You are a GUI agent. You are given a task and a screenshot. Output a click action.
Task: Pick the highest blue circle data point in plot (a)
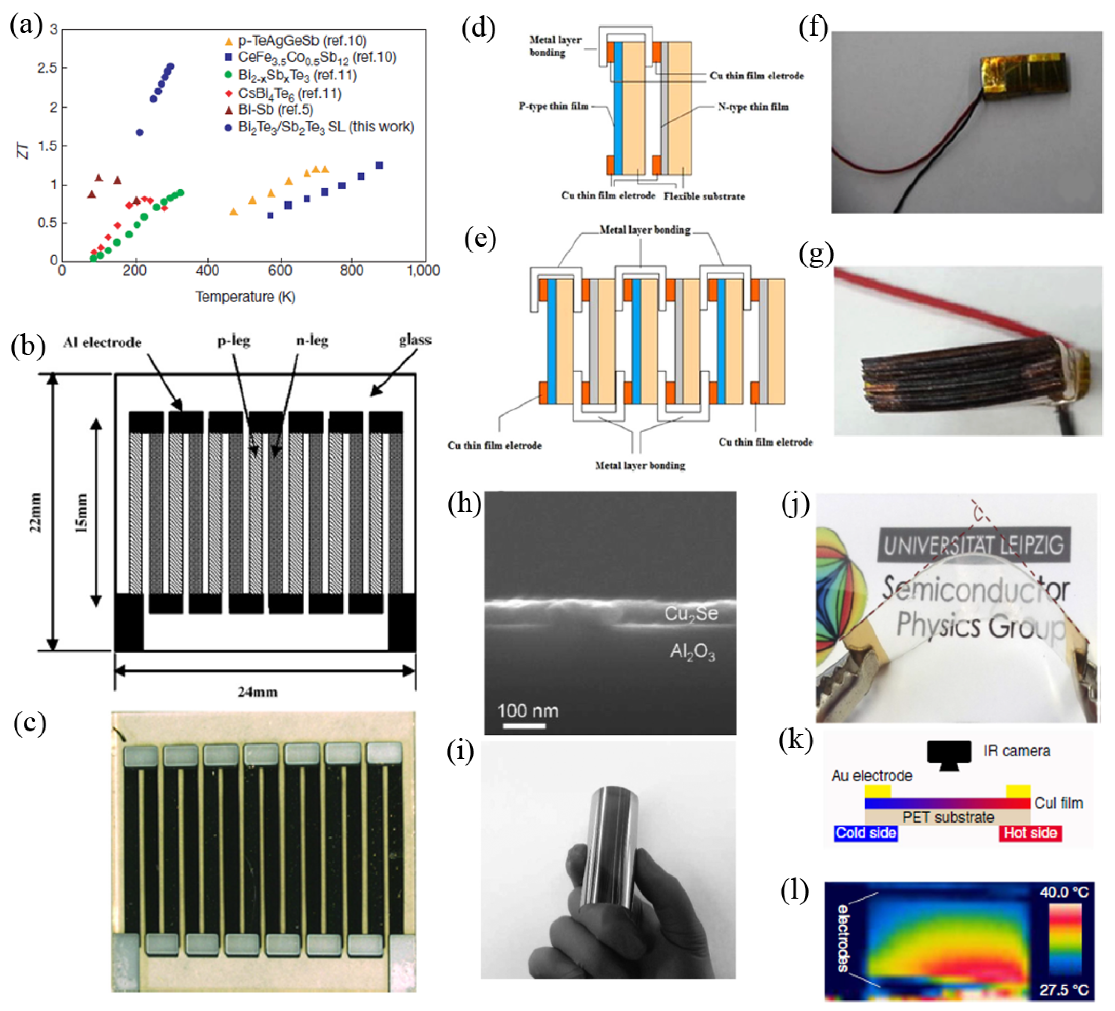point(170,67)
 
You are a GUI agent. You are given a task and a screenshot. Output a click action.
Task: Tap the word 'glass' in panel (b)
point(415,340)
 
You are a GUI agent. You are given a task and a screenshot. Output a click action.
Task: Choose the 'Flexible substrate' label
point(704,196)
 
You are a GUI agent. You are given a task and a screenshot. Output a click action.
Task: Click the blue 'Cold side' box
point(865,833)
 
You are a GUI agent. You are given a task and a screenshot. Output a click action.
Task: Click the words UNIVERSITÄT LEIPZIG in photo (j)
point(973,545)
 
